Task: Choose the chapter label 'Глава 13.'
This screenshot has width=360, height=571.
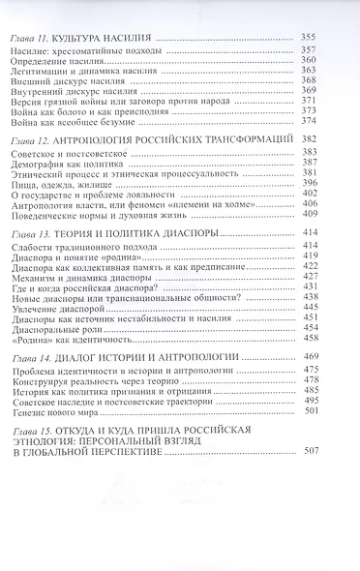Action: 31,235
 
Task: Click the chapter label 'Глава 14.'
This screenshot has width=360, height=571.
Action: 31,357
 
